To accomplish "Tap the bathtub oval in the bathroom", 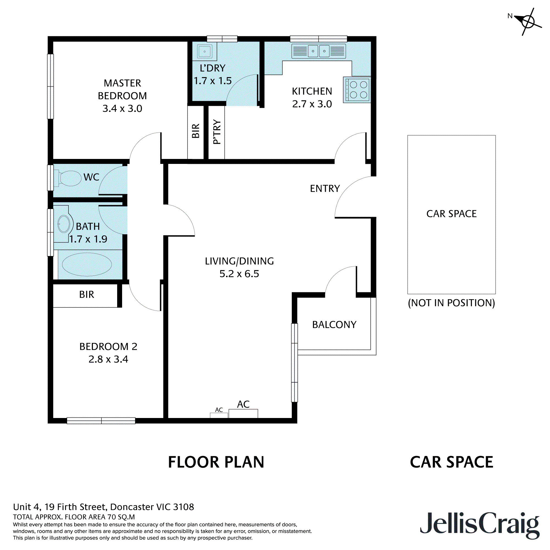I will [87, 265].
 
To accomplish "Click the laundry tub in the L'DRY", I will [205, 51].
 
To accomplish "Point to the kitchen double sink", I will [318, 51].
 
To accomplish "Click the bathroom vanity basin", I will [64, 224].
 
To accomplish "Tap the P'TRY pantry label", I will [217, 131].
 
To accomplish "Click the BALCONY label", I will [334, 324].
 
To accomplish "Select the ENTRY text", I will [325, 188].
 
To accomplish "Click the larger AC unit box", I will [243, 413].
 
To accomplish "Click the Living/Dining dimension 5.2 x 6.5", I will [239, 274].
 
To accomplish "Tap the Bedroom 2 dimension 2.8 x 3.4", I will [108, 359].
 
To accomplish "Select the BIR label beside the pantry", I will [196, 131].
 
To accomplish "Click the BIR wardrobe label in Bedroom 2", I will [87, 294].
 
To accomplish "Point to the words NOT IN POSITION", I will [451, 303].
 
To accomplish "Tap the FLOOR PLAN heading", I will [216, 462].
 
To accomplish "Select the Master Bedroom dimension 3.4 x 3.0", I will [122, 108].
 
